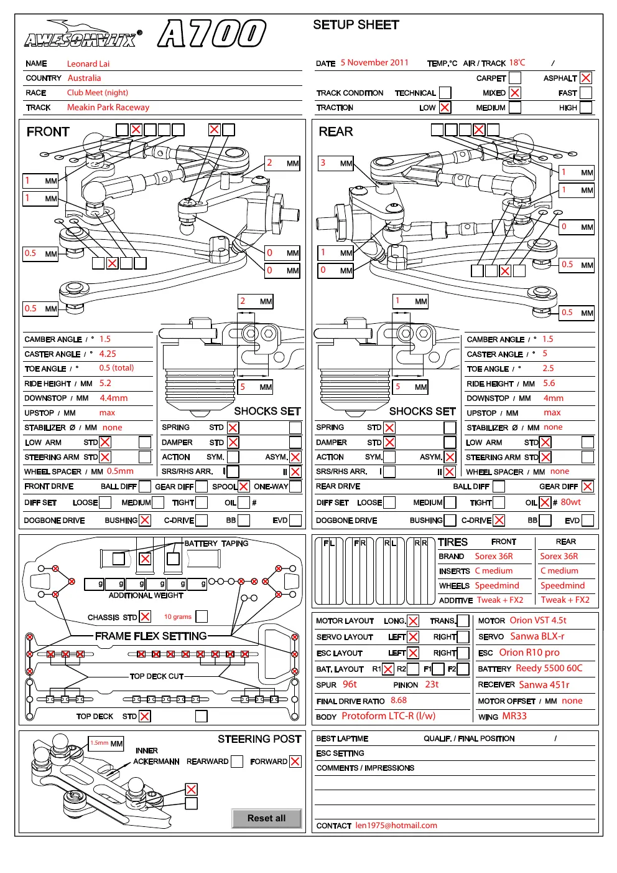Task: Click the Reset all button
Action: tap(266, 818)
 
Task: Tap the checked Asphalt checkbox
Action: tap(585, 78)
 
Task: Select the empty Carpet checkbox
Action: tap(514, 78)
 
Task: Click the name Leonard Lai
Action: tap(88, 64)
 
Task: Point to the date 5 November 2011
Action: tap(374, 63)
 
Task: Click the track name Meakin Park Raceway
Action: tap(108, 108)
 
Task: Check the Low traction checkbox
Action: tap(445, 108)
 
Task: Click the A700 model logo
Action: tap(212, 33)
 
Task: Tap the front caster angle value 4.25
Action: tap(108, 354)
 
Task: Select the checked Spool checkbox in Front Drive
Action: tap(243, 486)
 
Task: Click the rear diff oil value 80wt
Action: tap(571, 502)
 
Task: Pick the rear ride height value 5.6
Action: tap(549, 383)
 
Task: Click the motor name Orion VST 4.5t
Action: tap(538, 620)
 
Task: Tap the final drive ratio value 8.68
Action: tap(399, 701)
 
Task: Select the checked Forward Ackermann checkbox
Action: tap(295, 761)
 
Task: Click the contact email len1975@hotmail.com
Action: tap(396, 826)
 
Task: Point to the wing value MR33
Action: tap(514, 716)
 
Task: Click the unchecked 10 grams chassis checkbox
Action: tap(202, 616)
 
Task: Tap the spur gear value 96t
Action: tap(350, 684)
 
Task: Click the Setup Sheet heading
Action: tap(356, 25)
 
